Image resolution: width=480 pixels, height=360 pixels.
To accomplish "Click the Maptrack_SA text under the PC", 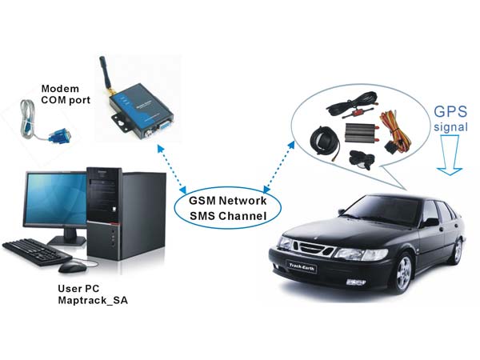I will click(x=93, y=300).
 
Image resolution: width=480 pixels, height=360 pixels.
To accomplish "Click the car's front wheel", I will click(x=398, y=273).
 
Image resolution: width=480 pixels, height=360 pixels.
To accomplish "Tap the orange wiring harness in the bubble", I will click(x=393, y=128).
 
